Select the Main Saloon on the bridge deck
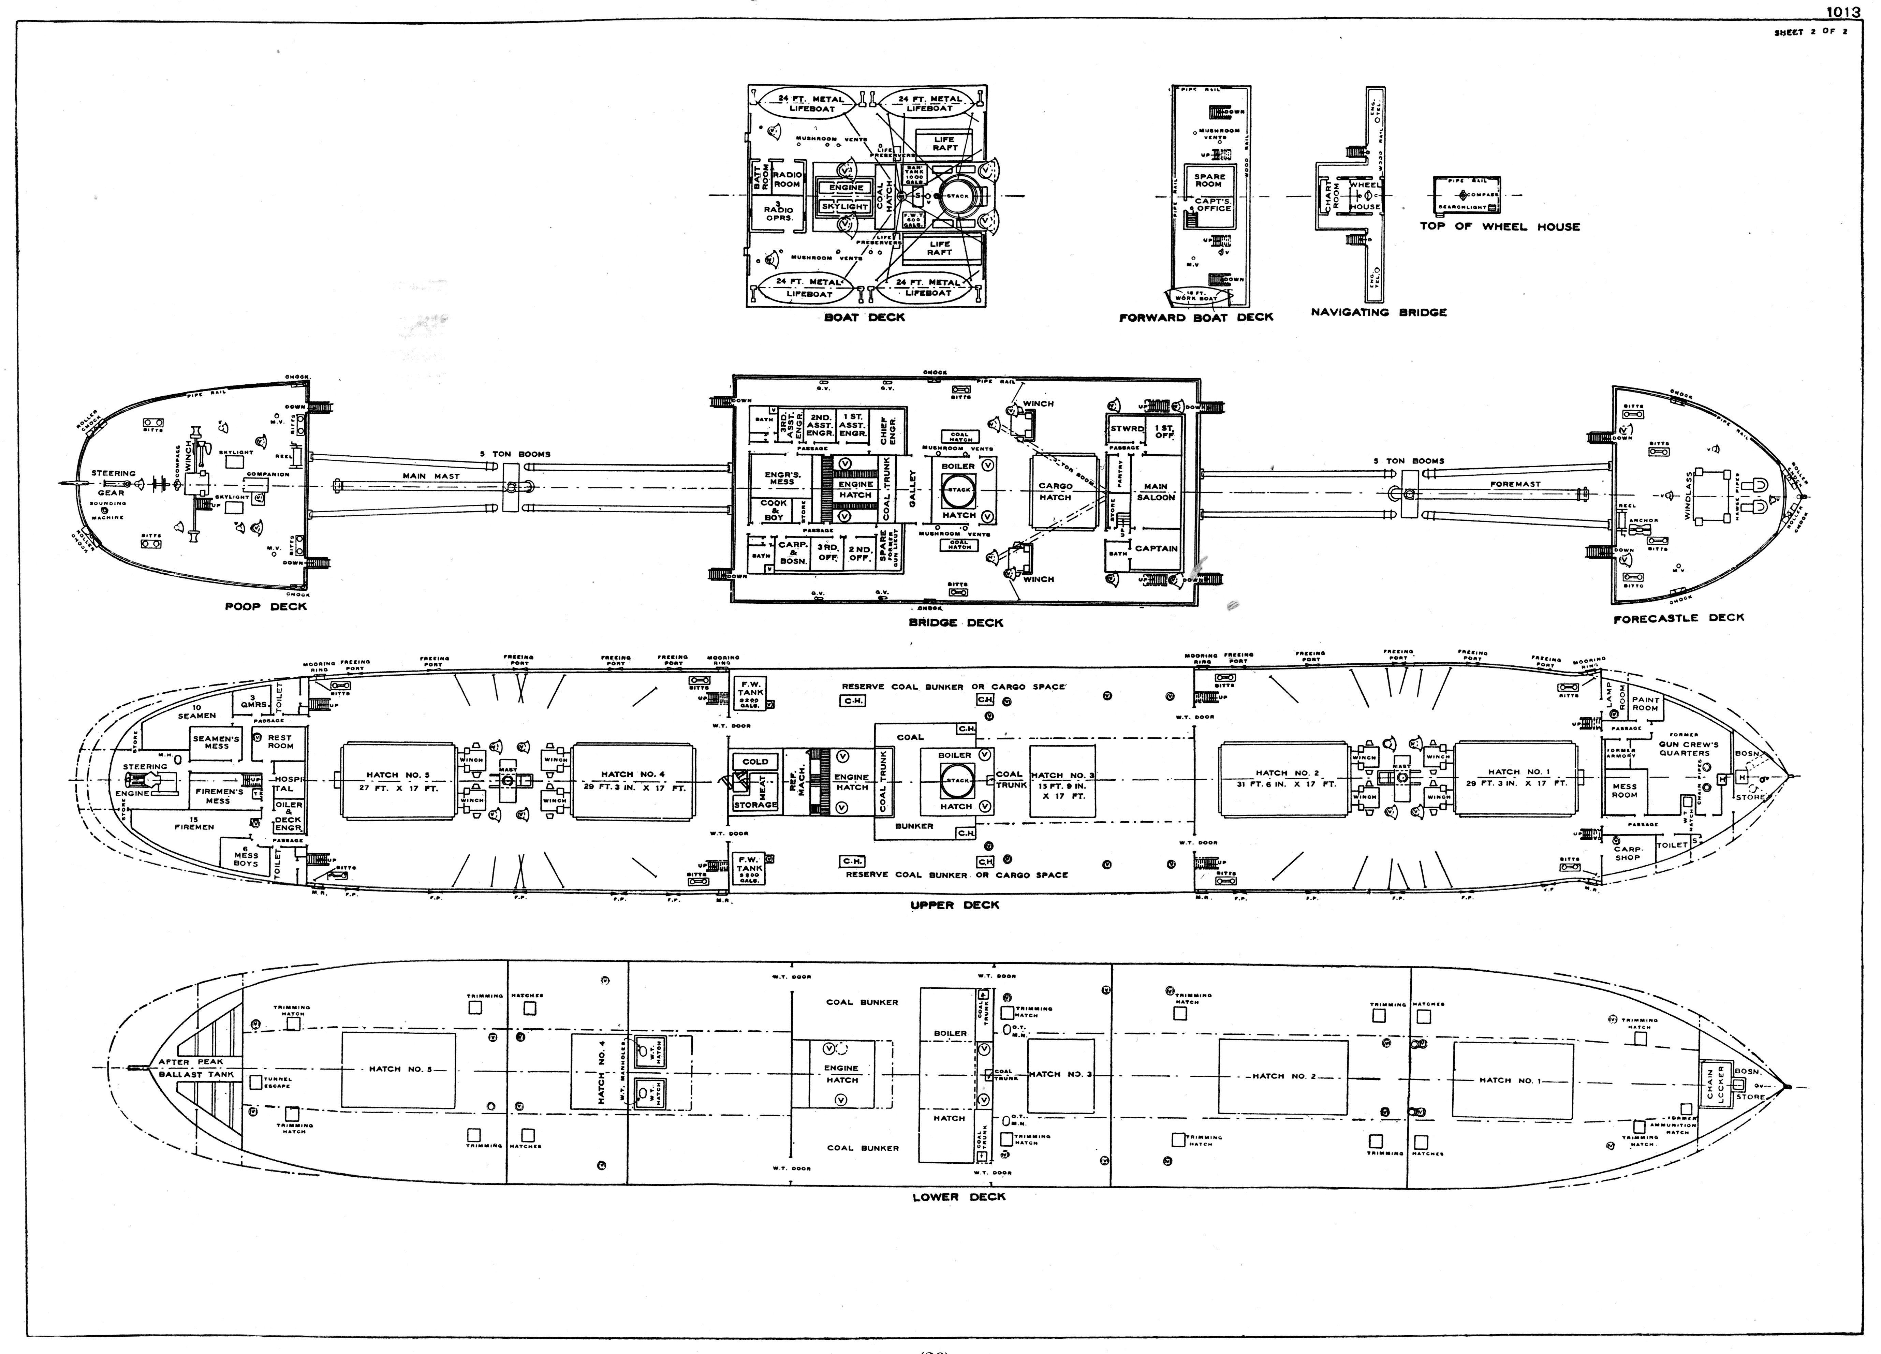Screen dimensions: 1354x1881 click(1155, 492)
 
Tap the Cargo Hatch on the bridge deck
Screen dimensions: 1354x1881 click(1055, 492)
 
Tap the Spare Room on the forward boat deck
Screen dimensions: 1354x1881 click(1209, 180)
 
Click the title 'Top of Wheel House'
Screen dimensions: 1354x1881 click(1499, 226)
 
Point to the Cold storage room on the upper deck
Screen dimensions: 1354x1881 click(755, 761)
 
